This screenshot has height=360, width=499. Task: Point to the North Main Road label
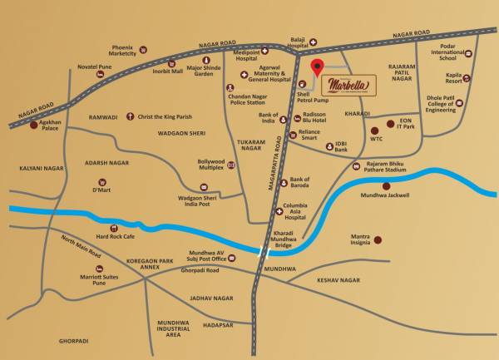82,247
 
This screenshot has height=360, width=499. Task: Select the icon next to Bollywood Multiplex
231,165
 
